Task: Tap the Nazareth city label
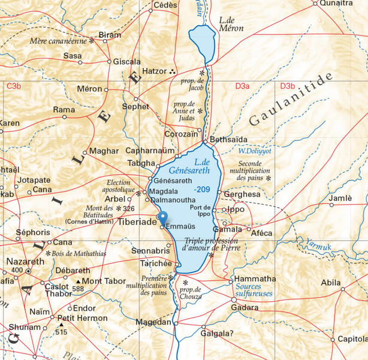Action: click(25, 262)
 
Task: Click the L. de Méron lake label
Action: click(231, 23)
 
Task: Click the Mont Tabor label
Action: click(103, 281)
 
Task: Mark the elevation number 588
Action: click(77, 289)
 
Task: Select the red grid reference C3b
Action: click(14, 87)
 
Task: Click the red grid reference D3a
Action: click(242, 87)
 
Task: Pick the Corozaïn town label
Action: click(182, 134)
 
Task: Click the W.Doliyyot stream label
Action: click(255, 151)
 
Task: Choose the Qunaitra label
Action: click(336, 4)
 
